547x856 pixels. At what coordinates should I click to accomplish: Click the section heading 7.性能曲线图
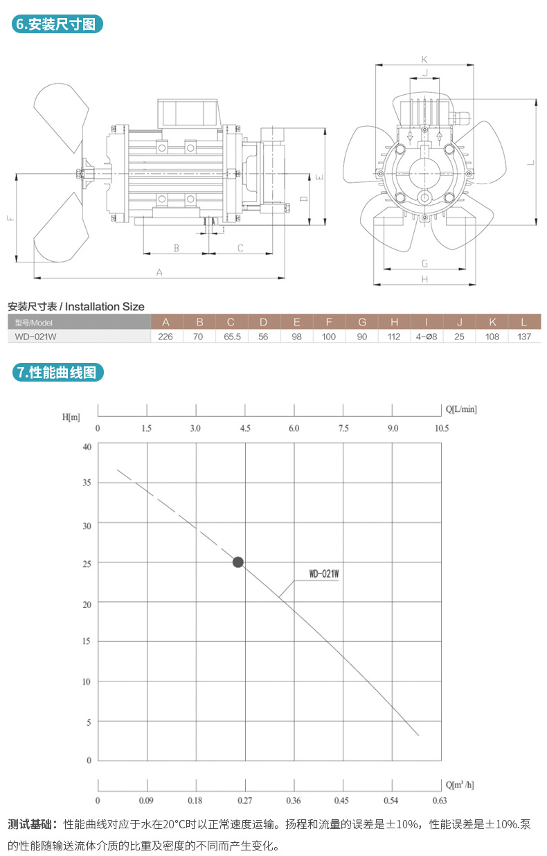point(59,372)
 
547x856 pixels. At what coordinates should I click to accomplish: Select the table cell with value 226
point(166,337)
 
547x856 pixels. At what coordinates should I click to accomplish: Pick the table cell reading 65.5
point(231,337)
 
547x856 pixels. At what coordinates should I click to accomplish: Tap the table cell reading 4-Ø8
point(426,337)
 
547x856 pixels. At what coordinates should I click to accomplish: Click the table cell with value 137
point(524,337)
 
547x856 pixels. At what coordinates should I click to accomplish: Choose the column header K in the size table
point(492,322)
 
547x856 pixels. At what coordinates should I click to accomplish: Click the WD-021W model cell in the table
point(34,337)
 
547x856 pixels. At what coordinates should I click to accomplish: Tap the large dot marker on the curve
point(238,562)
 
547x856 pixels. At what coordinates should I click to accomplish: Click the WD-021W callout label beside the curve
point(323,574)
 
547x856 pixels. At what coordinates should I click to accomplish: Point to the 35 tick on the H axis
point(87,482)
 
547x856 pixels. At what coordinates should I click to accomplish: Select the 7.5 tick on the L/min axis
point(343,429)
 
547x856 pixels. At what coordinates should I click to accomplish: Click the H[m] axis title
point(71,417)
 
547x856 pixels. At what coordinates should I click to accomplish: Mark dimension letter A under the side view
point(159,272)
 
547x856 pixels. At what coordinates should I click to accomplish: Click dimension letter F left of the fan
point(10,219)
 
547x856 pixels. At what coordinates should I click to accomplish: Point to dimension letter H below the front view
point(424,278)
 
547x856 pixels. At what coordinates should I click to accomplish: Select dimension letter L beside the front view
point(530,162)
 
